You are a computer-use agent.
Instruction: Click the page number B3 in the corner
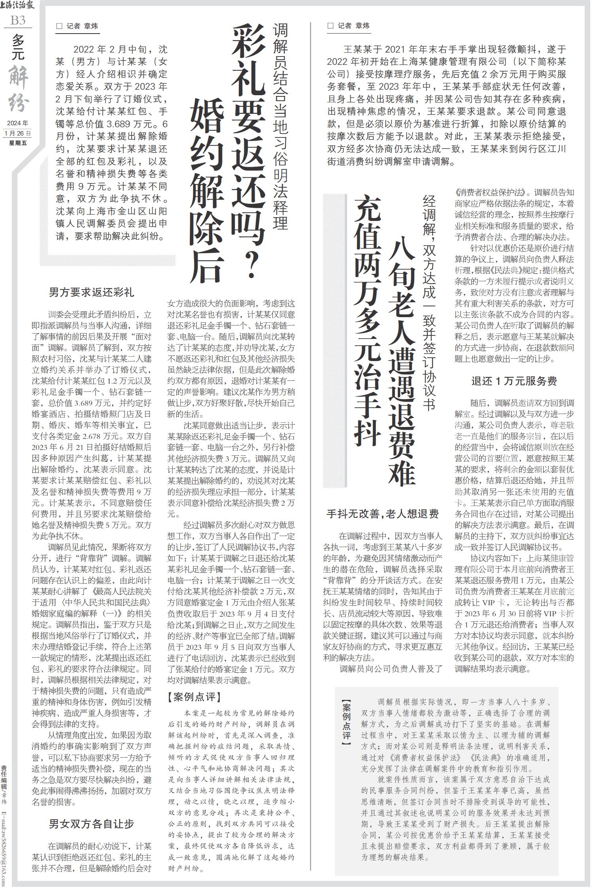pyautogui.click(x=18, y=20)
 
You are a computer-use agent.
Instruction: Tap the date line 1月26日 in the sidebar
pyautogui.click(x=17, y=133)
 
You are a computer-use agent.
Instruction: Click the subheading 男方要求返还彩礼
pyautogui.click(x=91, y=292)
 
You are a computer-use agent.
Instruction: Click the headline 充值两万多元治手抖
pyautogui.click(x=367, y=320)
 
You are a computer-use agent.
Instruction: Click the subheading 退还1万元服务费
pyautogui.click(x=514, y=381)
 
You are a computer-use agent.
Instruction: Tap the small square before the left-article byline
pyautogui.click(x=60, y=26)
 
